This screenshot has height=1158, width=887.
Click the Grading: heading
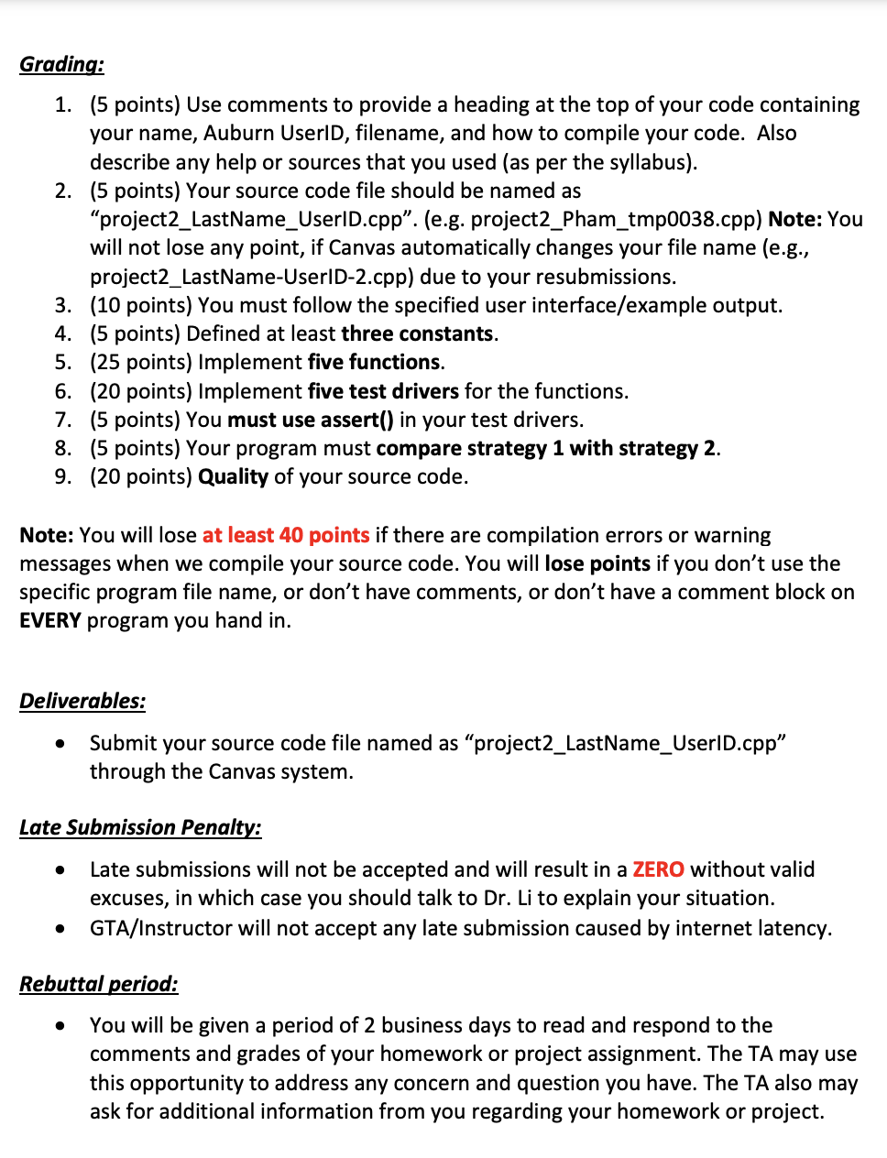click(x=61, y=64)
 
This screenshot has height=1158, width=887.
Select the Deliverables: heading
click(x=82, y=701)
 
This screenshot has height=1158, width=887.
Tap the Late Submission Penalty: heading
click(x=140, y=827)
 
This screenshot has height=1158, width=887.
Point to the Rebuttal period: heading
click(x=99, y=984)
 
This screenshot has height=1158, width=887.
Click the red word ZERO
click(x=658, y=869)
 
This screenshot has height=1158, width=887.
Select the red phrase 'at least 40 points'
click(x=286, y=535)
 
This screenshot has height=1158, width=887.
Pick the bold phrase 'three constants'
click(x=417, y=333)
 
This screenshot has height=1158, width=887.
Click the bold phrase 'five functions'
click(x=374, y=362)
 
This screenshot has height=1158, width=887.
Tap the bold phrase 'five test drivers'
click(x=383, y=391)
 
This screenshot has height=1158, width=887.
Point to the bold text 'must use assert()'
click(x=311, y=420)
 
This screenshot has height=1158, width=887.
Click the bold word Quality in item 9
click(x=233, y=476)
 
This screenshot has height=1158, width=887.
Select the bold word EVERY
click(x=50, y=620)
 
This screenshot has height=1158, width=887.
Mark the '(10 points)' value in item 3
click(x=140, y=305)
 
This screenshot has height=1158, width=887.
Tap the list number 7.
click(x=62, y=420)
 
